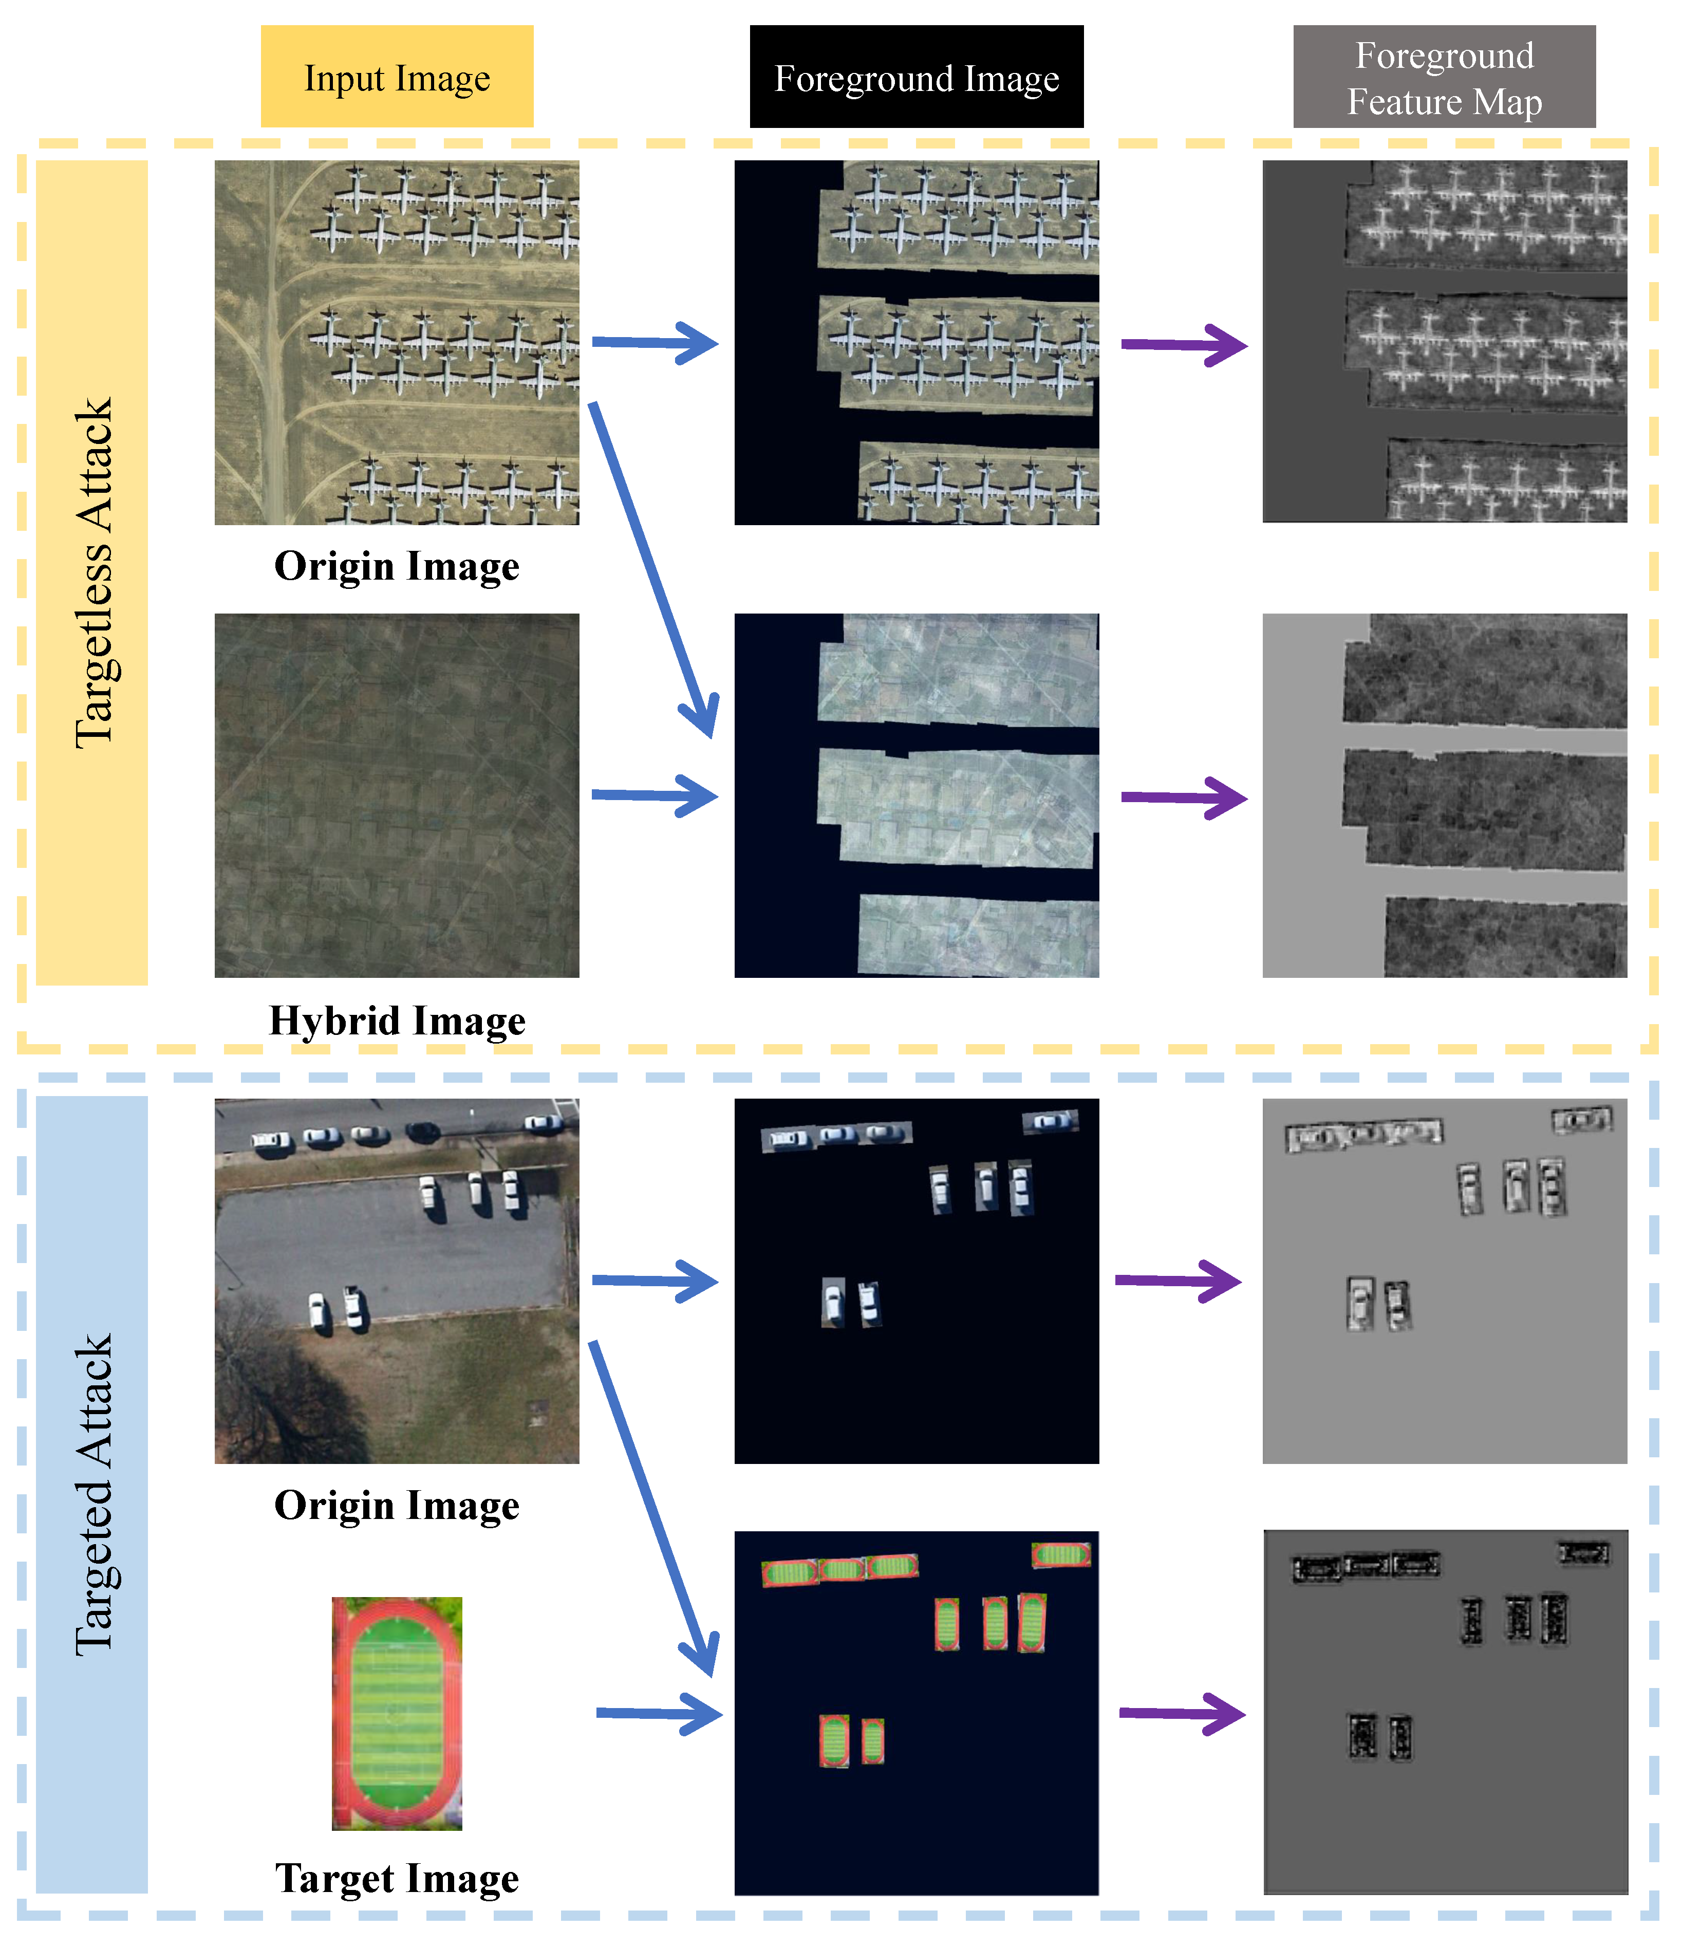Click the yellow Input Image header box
tap(397, 77)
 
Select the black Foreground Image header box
tap(916, 77)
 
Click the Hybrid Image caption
tap(397, 1021)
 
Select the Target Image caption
tap(397, 1878)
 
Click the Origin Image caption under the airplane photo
tap(397, 566)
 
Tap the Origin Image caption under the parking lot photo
tap(397, 1505)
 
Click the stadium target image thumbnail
tap(397, 1713)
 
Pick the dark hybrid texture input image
tap(397, 795)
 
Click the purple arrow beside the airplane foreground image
tap(1184, 345)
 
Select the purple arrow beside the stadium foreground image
tap(1182, 1713)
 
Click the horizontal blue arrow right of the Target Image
tap(658, 1713)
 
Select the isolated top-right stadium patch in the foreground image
tap(1061, 1555)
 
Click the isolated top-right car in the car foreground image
tap(1050, 1120)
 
